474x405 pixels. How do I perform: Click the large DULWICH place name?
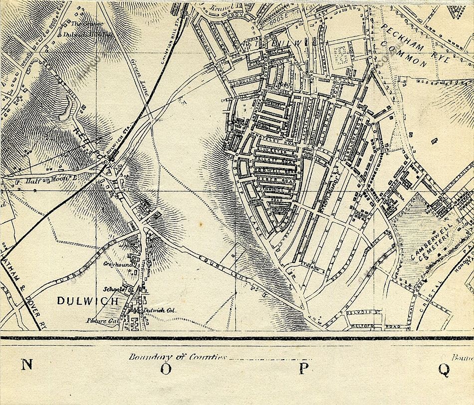[x=88, y=301]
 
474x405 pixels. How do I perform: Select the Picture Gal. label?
[x=101, y=321]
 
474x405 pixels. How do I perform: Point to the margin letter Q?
[x=444, y=369]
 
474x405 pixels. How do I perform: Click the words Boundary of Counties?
[x=177, y=357]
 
